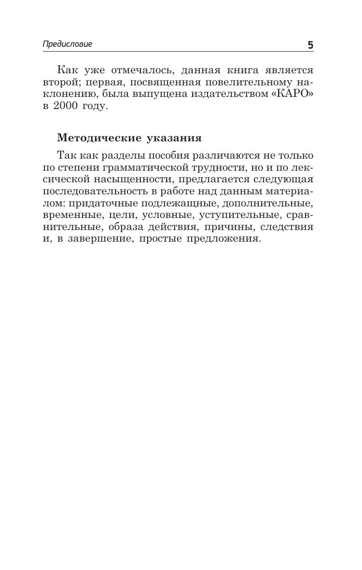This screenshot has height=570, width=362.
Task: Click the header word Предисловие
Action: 67,44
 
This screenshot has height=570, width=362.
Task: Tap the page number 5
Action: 310,45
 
